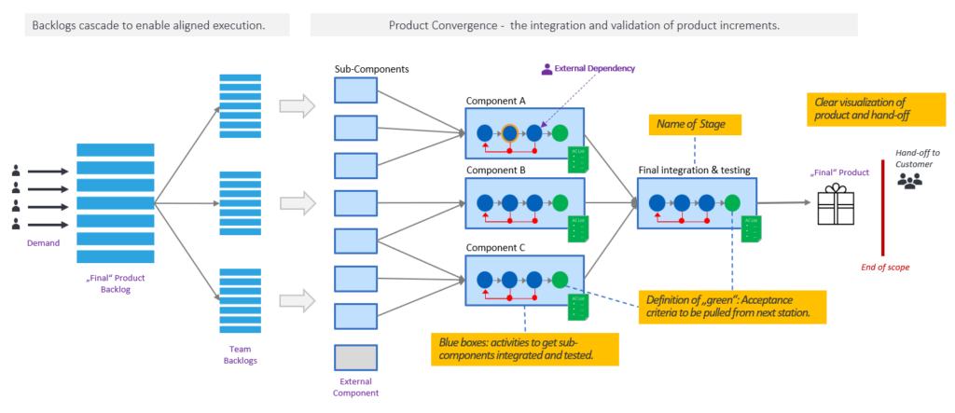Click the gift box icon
click(x=836, y=203)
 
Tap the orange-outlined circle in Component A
click(x=509, y=133)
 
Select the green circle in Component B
click(x=560, y=202)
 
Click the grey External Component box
click(x=355, y=357)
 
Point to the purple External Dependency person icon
click(x=547, y=68)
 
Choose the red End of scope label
click(x=885, y=267)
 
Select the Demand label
click(x=43, y=242)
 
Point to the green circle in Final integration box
click(x=732, y=202)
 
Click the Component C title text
click(x=495, y=247)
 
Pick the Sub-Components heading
click(x=370, y=69)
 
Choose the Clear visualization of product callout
click(x=861, y=110)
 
